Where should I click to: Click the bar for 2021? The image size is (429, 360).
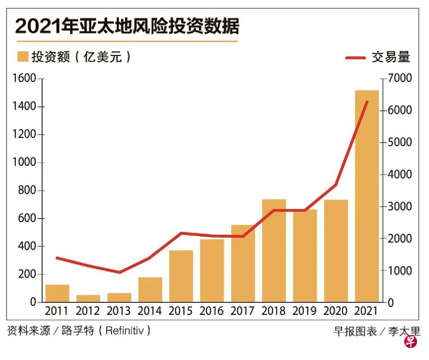tap(367, 196)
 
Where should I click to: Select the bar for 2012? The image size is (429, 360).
tap(88, 298)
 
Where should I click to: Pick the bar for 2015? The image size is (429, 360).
tap(181, 276)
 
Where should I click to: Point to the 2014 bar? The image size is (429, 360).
tap(150, 290)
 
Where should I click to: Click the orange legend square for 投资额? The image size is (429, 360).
tap(23, 57)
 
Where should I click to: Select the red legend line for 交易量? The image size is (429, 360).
tap(355, 58)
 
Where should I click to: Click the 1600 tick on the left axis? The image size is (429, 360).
tap(25, 79)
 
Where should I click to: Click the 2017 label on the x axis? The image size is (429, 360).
tap(243, 311)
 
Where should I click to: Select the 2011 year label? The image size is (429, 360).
tap(57, 311)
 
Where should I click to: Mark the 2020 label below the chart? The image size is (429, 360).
tap(336, 311)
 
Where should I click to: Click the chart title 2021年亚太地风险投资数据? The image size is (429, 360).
tap(127, 27)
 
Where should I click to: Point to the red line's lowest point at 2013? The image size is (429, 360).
tap(119, 272)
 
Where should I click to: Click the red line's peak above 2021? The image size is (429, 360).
tap(367, 102)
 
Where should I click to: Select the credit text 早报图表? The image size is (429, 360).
tap(355, 331)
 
